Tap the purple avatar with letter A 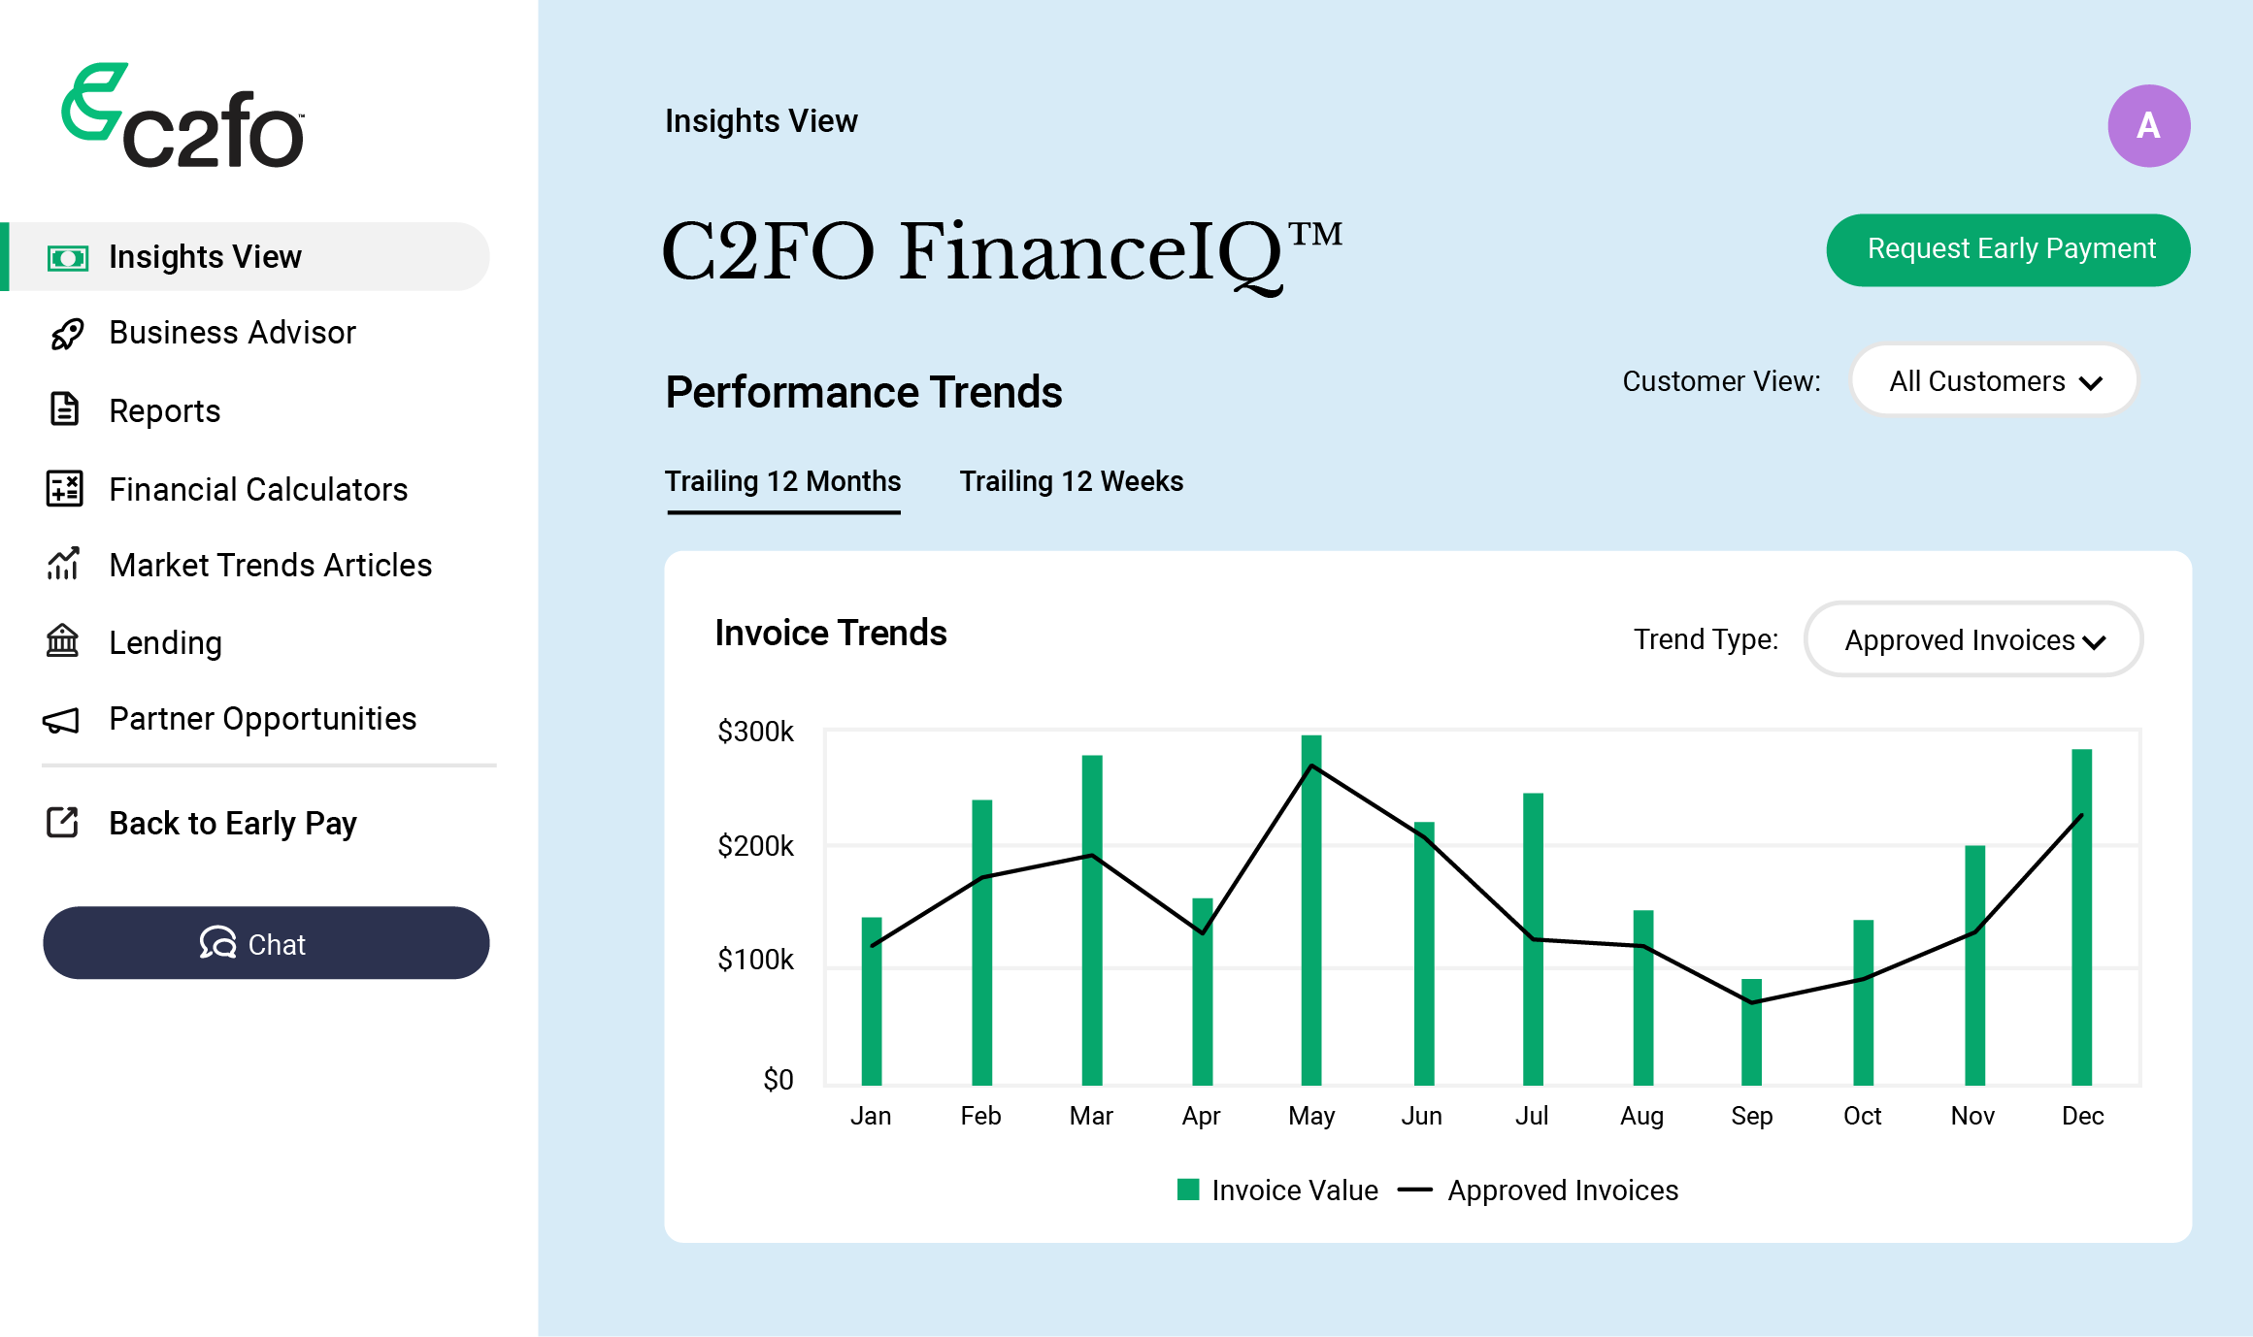[x=2147, y=126]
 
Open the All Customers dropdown [x=1994, y=380]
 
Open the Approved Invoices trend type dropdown [x=1972, y=639]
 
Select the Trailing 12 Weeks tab [x=1071, y=481]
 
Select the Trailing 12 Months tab [x=782, y=481]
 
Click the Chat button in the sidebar [x=266, y=943]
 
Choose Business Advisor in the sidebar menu [x=232, y=333]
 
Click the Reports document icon [x=64, y=409]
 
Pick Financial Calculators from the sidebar [x=257, y=489]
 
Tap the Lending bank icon [x=63, y=641]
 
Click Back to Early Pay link [x=232, y=823]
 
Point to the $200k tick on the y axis [x=755, y=846]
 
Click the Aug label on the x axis [x=1641, y=1116]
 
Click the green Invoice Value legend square [x=1188, y=1190]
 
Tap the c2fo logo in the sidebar [x=183, y=116]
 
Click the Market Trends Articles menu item [x=270, y=565]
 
